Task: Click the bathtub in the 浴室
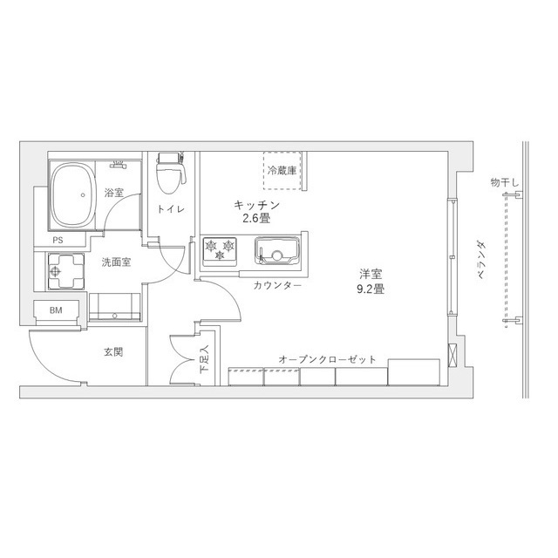pos(70,196)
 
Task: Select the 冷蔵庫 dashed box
pos(283,169)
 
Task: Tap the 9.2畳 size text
pos(371,289)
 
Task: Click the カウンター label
pos(278,286)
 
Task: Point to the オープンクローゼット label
pos(328,359)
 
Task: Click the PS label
pos(58,241)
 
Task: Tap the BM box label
pos(56,310)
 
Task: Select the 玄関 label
pos(113,352)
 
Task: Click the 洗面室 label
pos(115,262)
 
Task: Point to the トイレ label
pos(169,209)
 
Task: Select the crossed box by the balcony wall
pos(452,355)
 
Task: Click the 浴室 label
pos(113,193)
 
